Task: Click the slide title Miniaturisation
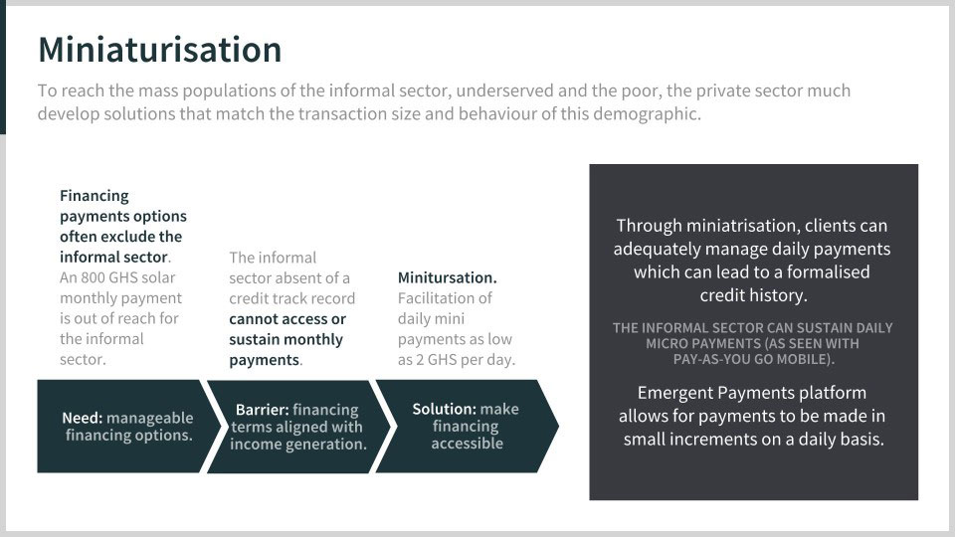click(x=159, y=50)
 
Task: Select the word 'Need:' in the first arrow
click(x=83, y=419)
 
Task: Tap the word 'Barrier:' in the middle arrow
click(x=263, y=410)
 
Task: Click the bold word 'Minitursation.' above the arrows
click(x=447, y=277)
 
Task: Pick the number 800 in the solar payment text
click(x=94, y=277)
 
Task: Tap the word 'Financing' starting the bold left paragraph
click(x=95, y=196)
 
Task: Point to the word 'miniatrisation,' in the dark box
click(x=743, y=226)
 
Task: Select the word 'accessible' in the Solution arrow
click(x=468, y=444)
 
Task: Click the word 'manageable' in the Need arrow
click(x=150, y=419)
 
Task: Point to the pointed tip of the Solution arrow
click(x=558, y=427)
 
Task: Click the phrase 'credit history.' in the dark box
click(x=753, y=295)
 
